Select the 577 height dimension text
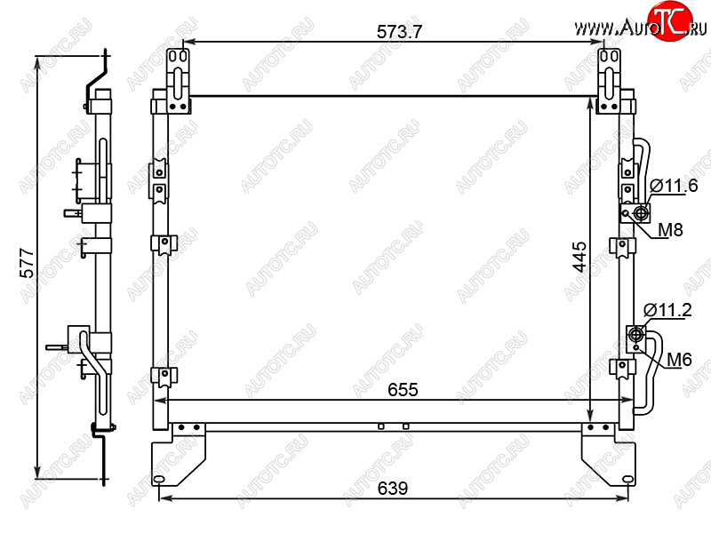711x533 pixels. (x=28, y=263)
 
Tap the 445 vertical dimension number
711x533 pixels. (x=580, y=257)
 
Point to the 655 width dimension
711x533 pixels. (x=403, y=390)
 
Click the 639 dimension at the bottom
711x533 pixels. (x=393, y=488)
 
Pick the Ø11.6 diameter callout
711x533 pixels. (x=674, y=186)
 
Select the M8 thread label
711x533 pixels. (x=670, y=230)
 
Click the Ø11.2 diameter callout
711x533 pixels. (x=667, y=310)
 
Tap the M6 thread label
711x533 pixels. (x=679, y=360)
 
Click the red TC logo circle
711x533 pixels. (x=670, y=20)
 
